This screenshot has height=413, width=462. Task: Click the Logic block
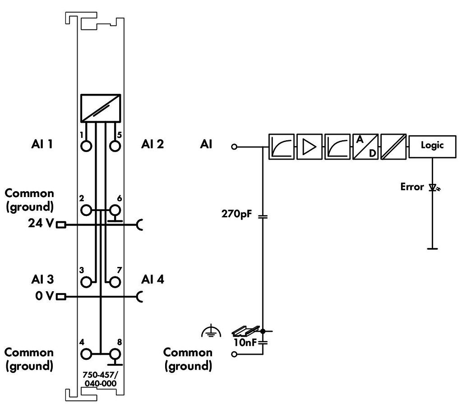[432, 147]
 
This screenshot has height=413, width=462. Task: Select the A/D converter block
[365, 147]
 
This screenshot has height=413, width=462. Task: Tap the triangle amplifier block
[310, 147]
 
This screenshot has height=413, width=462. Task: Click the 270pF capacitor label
[236, 214]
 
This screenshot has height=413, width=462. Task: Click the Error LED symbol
[434, 187]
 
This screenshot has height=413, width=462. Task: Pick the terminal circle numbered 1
[86, 146]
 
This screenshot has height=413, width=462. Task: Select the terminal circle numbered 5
[115, 146]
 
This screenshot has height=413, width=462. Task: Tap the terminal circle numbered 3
[86, 282]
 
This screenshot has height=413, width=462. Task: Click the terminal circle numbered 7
[115, 282]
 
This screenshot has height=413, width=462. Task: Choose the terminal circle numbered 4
[86, 353]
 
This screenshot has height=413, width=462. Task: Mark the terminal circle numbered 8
[115, 353]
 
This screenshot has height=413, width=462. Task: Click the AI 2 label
[152, 144]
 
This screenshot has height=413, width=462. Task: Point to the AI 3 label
[42, 280]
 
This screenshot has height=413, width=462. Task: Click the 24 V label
[41, 223]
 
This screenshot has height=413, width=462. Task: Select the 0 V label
[45, 295]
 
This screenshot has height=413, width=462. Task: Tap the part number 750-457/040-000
[100, 379]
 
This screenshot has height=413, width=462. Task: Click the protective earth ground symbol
[211, 331]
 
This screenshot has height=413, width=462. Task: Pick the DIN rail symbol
[245, 331]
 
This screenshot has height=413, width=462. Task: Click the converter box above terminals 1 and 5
[101, 108]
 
